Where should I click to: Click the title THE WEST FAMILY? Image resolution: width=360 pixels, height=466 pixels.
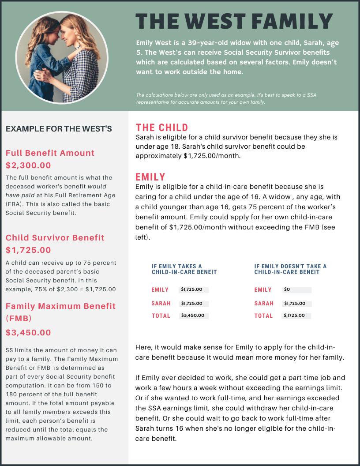234,22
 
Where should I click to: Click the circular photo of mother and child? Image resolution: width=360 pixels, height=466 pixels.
62,57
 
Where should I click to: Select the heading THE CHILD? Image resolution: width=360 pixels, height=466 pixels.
162,128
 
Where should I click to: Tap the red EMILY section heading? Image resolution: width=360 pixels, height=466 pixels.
150,177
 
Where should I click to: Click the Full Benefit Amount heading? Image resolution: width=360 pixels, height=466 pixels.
50,153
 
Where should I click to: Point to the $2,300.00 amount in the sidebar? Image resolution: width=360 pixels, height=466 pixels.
28,165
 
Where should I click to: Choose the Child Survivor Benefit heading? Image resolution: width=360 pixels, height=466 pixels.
55,238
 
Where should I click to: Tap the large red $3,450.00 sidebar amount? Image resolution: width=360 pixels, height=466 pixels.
28,333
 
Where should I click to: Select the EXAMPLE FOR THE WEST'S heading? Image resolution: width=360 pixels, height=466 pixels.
59,129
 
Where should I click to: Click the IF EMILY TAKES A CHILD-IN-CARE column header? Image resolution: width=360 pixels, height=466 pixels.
184,269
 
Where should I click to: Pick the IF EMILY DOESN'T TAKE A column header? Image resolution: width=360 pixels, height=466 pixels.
290,269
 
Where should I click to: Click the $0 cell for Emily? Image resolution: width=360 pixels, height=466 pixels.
296,290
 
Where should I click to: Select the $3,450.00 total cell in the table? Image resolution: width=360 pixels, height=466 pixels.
194,316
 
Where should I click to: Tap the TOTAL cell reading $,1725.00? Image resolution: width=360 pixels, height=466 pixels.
296,316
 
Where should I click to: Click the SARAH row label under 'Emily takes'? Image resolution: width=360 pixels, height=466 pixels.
161,303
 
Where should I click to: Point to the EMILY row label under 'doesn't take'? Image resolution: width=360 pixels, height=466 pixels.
263,290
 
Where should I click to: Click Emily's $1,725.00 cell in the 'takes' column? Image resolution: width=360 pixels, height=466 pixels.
194,290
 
